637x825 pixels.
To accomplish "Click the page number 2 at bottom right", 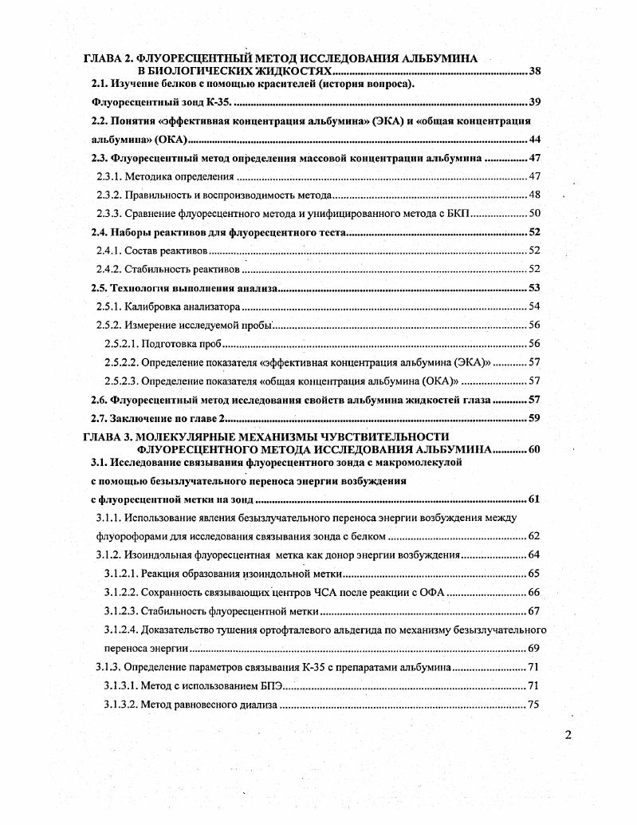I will pos(568,736).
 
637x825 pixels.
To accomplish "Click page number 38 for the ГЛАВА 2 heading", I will pos(535,72).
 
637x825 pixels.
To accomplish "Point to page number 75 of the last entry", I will pos(533,705).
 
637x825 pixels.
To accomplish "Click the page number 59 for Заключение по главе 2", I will pos(534,417).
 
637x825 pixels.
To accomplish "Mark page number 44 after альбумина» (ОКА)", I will pos(534,140).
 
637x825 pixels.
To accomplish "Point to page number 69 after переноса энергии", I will pos(533,648).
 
